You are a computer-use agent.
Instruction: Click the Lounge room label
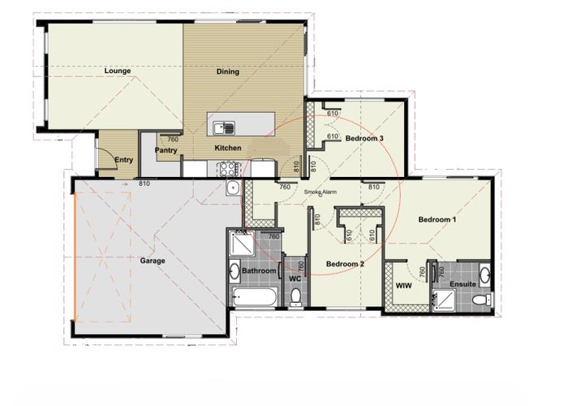[118, 71]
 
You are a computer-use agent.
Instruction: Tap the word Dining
[228, 71]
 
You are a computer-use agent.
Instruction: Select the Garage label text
[153, 261]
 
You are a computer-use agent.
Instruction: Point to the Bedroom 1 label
[437, 220]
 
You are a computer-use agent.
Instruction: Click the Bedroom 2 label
[345, 264]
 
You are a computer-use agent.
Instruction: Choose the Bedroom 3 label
[364, 139]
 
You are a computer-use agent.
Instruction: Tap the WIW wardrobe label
[403, 286]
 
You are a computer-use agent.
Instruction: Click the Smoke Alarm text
[321, 192]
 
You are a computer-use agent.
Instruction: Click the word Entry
[124, 160]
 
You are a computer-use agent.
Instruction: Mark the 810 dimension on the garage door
[144, 184]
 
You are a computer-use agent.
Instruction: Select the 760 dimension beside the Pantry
[173, 139]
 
